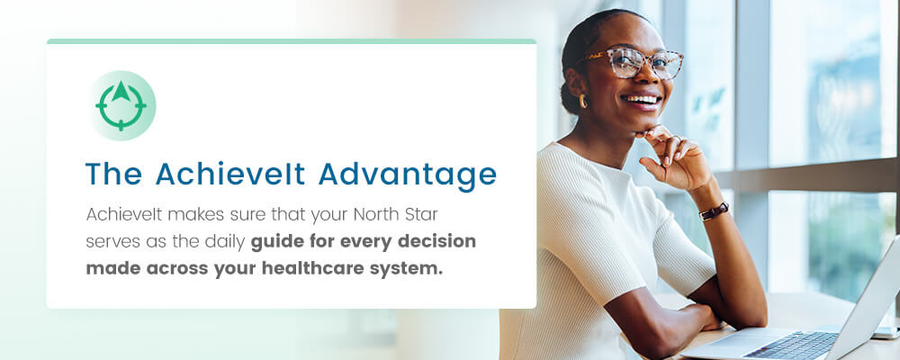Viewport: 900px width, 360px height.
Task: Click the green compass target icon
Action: (121, 105)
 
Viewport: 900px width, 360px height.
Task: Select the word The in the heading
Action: (114, 174)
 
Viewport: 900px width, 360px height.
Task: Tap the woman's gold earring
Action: (582, 101)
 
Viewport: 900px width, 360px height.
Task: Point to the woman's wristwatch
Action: (714, 211)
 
